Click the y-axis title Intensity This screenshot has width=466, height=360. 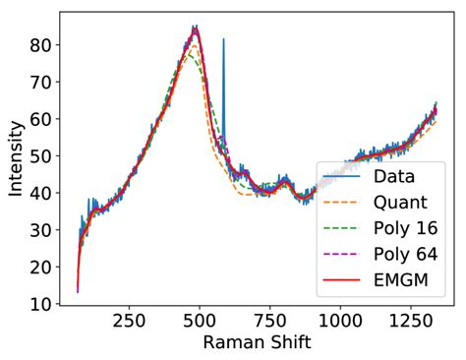[x=16, y=157]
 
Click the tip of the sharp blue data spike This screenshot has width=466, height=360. [x=223, y=39]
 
